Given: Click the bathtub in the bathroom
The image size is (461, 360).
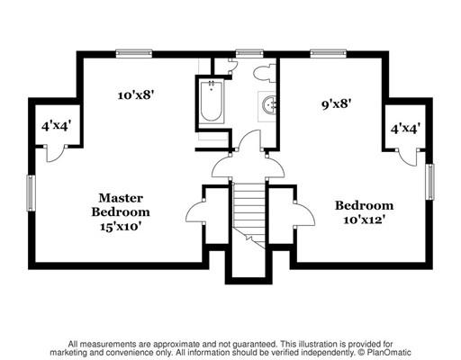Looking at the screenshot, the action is coord(212,102).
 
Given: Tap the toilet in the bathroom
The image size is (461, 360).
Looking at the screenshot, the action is coord(264,73).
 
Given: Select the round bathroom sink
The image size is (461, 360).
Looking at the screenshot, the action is coord(269,105).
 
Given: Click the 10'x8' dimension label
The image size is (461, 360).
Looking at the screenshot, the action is coord(136,95).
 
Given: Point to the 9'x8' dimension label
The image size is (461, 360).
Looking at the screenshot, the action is coord(336,104).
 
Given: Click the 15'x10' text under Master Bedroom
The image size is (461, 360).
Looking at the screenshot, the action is coord(121,226).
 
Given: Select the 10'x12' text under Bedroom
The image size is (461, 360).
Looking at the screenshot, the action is coord(364,220).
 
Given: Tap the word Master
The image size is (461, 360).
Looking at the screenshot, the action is coord(121,198).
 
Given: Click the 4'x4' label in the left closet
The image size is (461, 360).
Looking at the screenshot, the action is coord(57,126).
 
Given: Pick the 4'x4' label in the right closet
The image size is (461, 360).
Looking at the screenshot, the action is coord(405,129).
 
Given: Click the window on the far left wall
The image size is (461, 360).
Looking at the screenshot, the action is coord(31,193).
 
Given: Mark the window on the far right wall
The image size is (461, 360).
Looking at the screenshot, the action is coord(430,182).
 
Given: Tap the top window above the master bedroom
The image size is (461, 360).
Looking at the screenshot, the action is coord(134,54).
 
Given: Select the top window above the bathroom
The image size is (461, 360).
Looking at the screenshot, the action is coord(249,54).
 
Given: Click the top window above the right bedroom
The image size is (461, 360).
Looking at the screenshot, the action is coord(328,54).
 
